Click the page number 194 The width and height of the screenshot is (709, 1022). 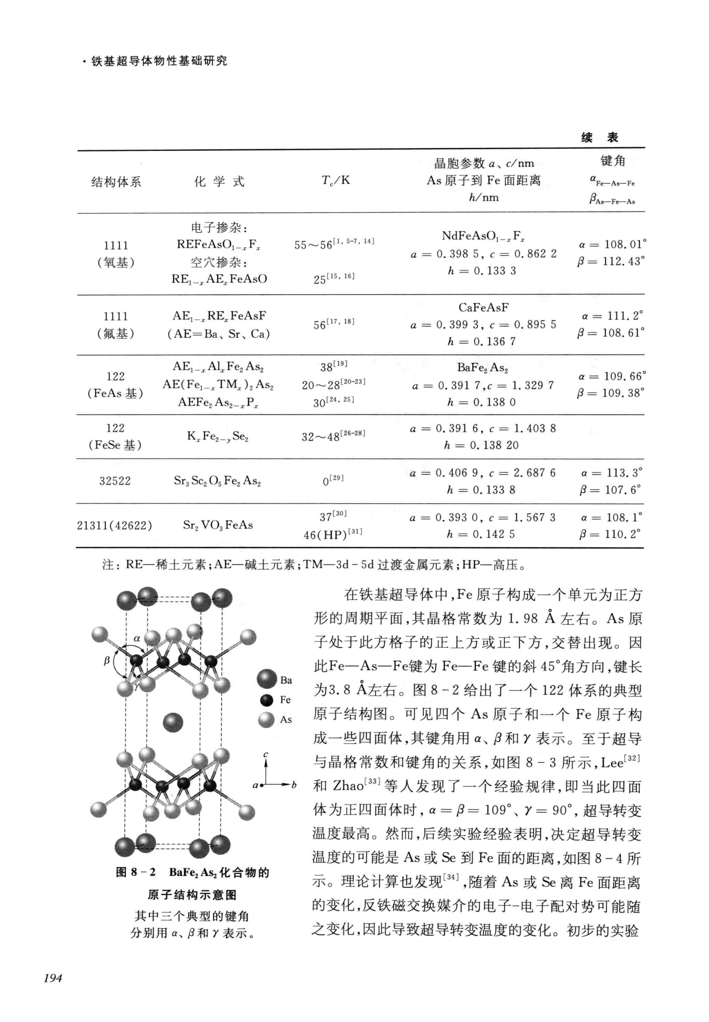tap(53, 978)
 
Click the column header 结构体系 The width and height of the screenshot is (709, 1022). tap(116, 182)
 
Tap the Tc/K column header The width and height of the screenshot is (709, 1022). tap(336, 180)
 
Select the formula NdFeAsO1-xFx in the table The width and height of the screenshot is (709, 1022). tap(483, 236)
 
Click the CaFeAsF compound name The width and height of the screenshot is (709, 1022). tap(483, 307)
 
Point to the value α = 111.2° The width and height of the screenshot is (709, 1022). tap(612, 316)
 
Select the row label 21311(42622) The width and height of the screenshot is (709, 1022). tap(115, 525)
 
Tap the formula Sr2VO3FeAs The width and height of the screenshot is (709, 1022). tap(218, 525)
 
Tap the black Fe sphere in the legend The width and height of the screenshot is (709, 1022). tap(267, 700)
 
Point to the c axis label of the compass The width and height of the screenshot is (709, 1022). tap(266, 754)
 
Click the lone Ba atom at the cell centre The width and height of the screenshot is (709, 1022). tap(173, 722)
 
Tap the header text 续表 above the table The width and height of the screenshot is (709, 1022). tap(600, 137)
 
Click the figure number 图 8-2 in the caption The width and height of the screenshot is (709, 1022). tap(135, 872)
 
